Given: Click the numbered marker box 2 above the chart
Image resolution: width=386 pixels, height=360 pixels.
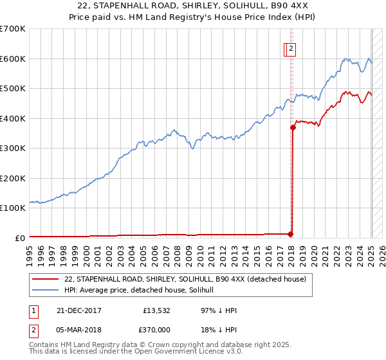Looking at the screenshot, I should point(291,48).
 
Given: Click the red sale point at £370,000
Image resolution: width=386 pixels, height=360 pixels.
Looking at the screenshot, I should point(293,127).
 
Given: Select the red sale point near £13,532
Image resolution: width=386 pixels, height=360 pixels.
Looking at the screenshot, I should point(291,234).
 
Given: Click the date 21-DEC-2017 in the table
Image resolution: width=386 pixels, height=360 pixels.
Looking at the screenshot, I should point(75,311).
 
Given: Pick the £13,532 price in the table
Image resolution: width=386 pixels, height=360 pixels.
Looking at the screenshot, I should point(156,311).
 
